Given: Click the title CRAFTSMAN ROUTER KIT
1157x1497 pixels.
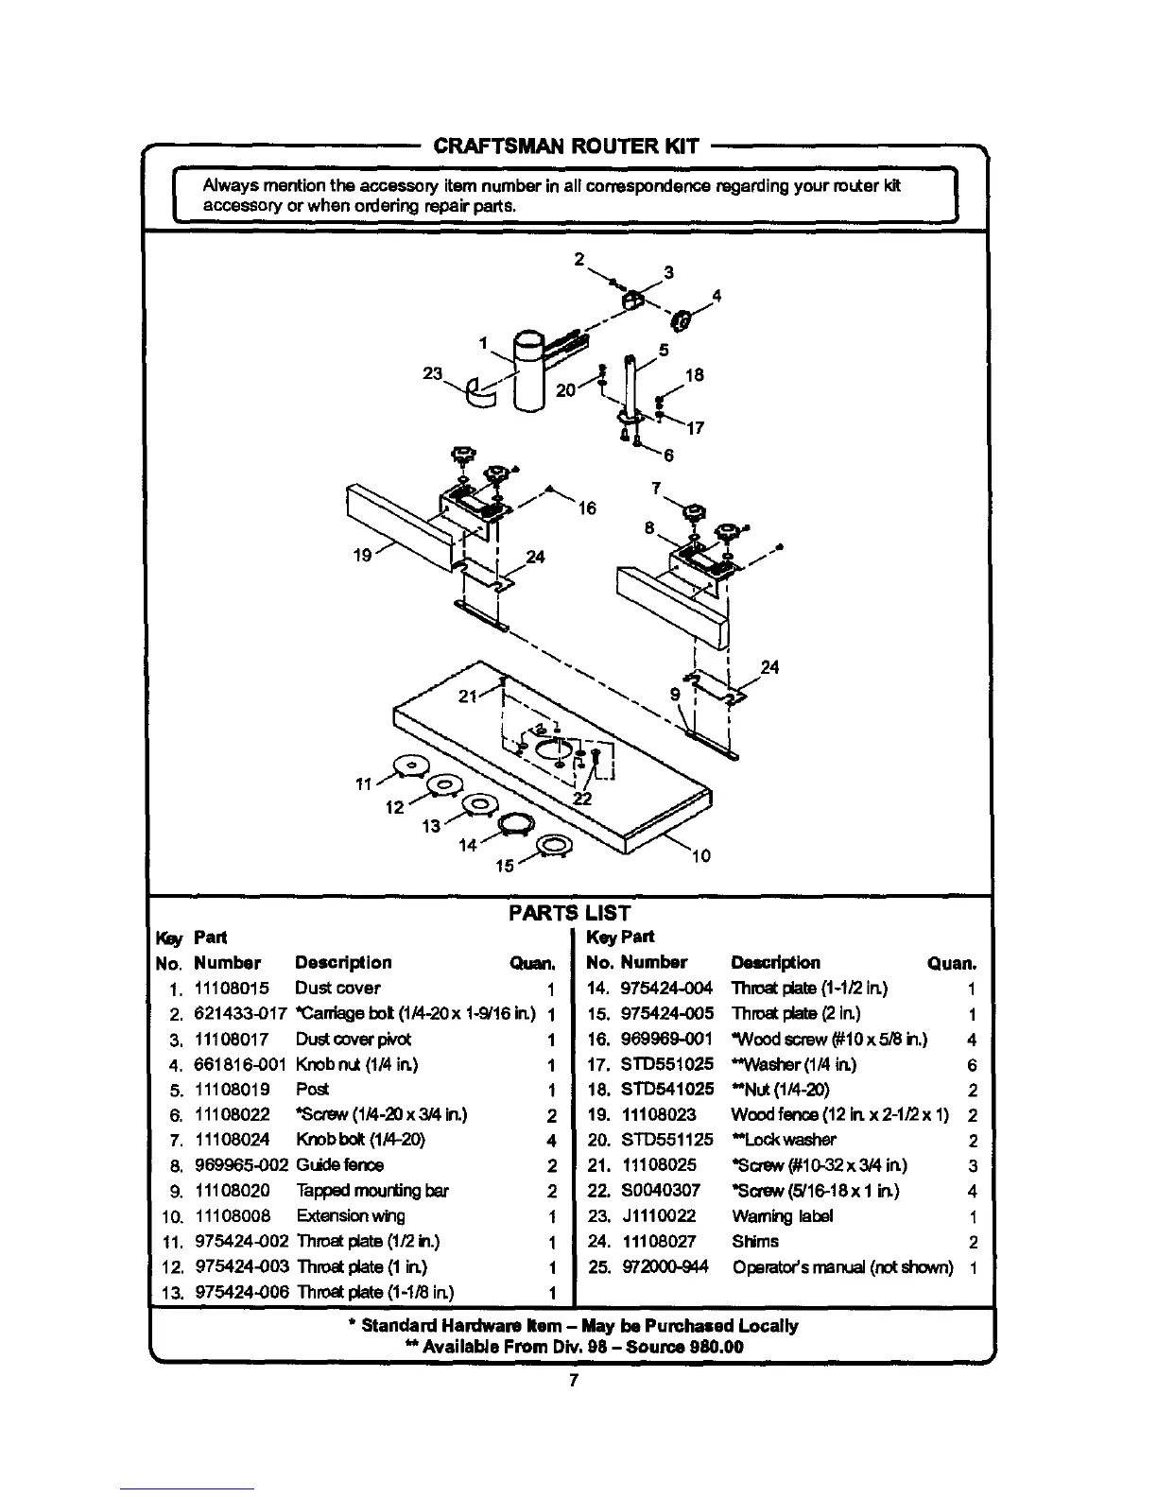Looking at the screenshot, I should click(565, 146).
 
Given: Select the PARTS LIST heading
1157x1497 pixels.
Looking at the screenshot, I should click(569, 912).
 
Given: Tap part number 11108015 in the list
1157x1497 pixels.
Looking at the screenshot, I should click(232, 989).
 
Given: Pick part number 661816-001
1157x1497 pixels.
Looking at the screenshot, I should click(239, 1065).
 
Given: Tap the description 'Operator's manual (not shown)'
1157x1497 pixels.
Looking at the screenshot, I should click(842, 1267).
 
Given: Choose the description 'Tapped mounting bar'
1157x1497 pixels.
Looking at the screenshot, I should click(358, 1191).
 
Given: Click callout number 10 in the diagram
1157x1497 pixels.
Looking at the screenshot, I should click(701, 857).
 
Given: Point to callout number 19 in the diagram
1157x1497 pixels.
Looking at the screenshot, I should click(362, 557).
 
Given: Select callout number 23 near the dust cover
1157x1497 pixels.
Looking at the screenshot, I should click(433, 373).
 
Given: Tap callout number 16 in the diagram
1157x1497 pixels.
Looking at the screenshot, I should click(587, 508).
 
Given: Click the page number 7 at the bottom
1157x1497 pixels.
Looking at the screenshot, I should click(573, 1381).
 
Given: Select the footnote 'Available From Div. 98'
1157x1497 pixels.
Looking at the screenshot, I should click(575, 1347).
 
